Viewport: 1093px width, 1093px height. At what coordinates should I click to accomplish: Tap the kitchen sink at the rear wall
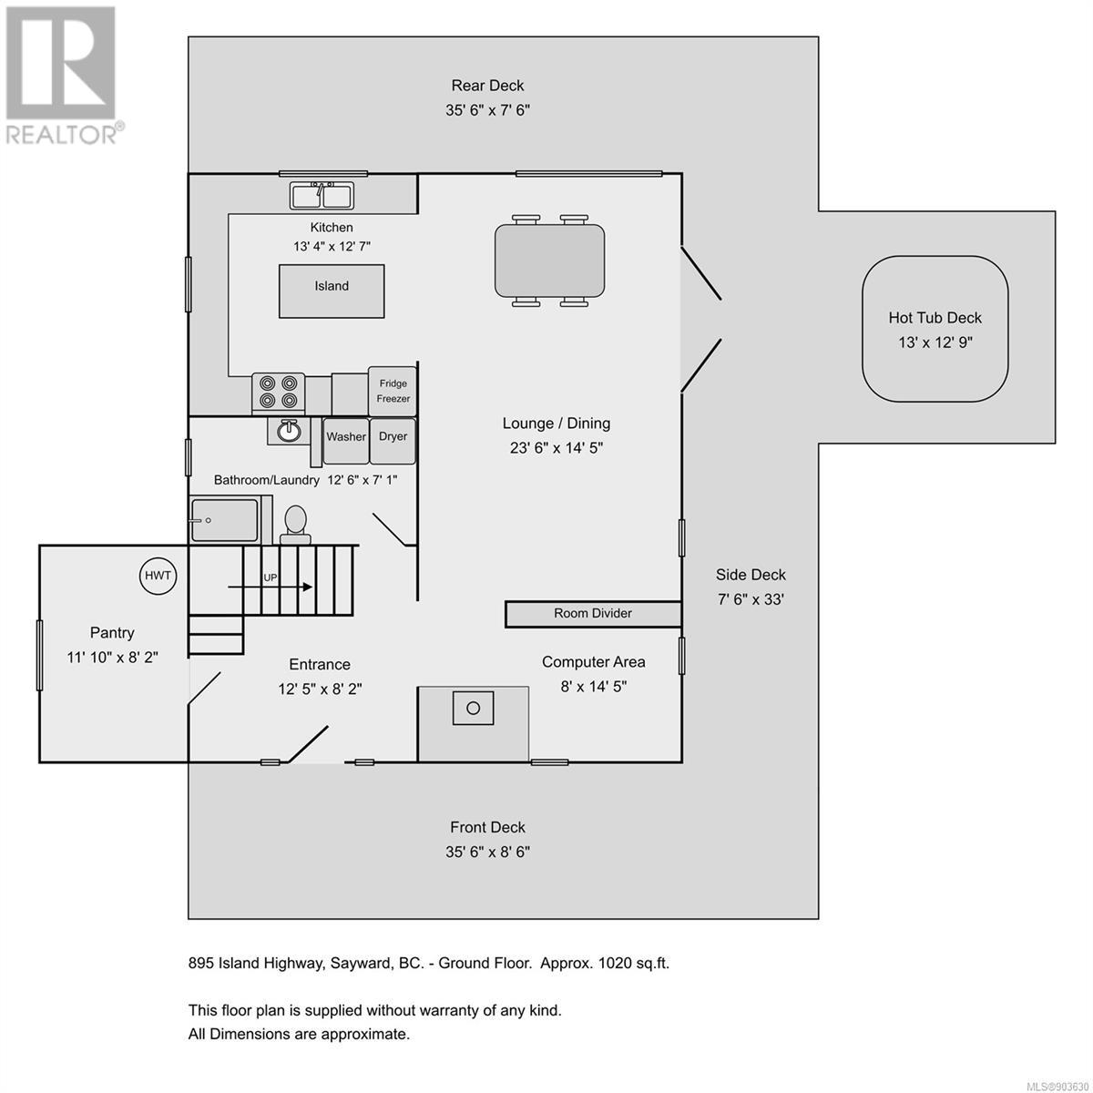pos(322,196)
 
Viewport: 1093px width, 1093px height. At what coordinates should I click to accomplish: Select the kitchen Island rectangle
pos(332,291)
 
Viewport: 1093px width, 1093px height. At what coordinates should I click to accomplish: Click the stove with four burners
pos(279,392)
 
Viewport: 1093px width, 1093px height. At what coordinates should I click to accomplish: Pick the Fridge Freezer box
pos(393,392)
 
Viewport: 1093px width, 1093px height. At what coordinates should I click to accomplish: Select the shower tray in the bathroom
pos(225,520)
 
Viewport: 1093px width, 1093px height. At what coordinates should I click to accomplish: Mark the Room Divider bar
pos(593,614)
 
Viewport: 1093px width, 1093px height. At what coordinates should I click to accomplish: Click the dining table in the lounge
pos(550,260)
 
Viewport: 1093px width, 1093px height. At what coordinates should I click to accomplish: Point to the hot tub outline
pos(935,329)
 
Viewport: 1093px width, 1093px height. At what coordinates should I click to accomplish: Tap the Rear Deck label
pos(488,86)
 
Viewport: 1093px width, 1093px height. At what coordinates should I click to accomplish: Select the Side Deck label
pos(751,575)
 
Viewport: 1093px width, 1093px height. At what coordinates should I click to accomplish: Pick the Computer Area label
pos(594,662)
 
